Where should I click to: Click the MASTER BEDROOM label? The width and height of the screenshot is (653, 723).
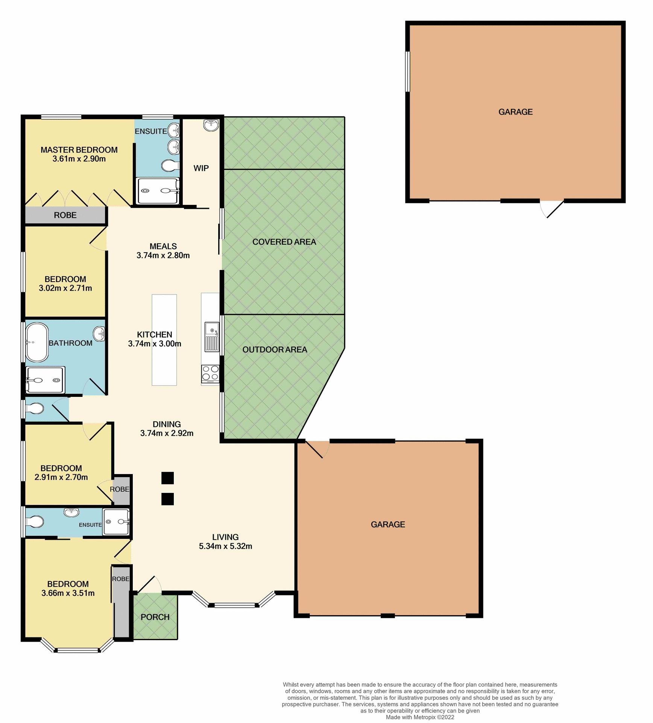point(79,150)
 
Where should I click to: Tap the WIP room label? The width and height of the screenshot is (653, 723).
point(201,168)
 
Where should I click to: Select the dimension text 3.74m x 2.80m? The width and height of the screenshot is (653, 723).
point(163,255)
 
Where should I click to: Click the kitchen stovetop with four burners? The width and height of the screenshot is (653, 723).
point(210,373)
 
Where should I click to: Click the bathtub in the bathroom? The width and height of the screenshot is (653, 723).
point(37,342)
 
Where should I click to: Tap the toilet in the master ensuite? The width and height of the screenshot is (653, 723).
point(170,165)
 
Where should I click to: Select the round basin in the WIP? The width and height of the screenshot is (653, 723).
point(211,125)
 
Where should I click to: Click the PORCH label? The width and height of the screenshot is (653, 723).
point(155,617)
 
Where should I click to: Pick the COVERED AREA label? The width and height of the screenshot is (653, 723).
point(284,242)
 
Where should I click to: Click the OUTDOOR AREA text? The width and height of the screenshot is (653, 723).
point(275,349)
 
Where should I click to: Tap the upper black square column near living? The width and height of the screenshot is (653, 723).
point(167,478)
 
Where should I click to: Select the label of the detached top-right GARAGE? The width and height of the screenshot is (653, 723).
point(515,112)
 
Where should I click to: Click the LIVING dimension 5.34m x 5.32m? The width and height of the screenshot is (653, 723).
point(225,546)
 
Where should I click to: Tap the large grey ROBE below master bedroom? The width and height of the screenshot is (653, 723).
point(65,215)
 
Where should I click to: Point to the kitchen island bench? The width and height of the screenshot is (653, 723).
point(164,340)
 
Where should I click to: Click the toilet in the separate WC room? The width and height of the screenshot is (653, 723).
point(35,408)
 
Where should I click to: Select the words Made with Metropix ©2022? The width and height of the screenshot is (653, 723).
point(420,717)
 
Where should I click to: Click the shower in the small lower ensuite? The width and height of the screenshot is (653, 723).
point(116,522)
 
